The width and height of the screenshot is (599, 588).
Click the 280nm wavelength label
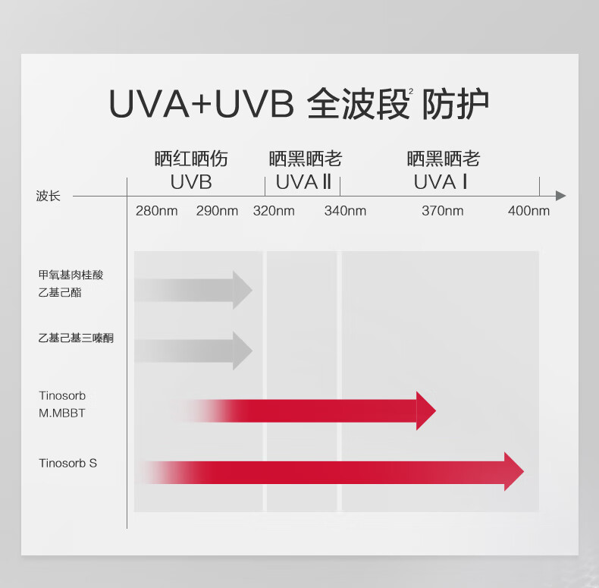tap(156, 211)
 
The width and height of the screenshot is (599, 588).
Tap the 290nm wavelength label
tap(217, 211)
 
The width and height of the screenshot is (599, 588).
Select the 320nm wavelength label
tap(274, 211)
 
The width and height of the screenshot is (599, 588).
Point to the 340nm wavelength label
tap(345, 211)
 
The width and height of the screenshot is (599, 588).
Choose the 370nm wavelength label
tap(443, 211)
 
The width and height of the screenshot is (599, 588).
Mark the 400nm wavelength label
tap(528, 211)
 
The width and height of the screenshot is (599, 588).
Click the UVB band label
tap(191, 182)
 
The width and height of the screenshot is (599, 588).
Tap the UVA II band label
tap(303, 182)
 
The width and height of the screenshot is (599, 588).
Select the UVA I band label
tap(441, 182)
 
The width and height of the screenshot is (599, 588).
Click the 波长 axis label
tap(48, 196)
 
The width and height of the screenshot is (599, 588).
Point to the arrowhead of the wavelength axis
tap(560, 196)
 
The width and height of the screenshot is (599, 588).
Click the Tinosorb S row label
tap(68, 463)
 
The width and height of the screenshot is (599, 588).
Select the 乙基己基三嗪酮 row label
tap(76, 338)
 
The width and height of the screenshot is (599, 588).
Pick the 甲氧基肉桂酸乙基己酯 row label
tap(71, 283)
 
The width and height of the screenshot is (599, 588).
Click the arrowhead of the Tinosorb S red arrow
tap(513, 471)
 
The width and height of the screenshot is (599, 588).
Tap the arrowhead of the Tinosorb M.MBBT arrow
tap(425, 411)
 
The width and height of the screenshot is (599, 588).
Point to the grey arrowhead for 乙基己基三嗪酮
tap(242, 351)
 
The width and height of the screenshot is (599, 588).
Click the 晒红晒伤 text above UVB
tap(191, 159)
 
